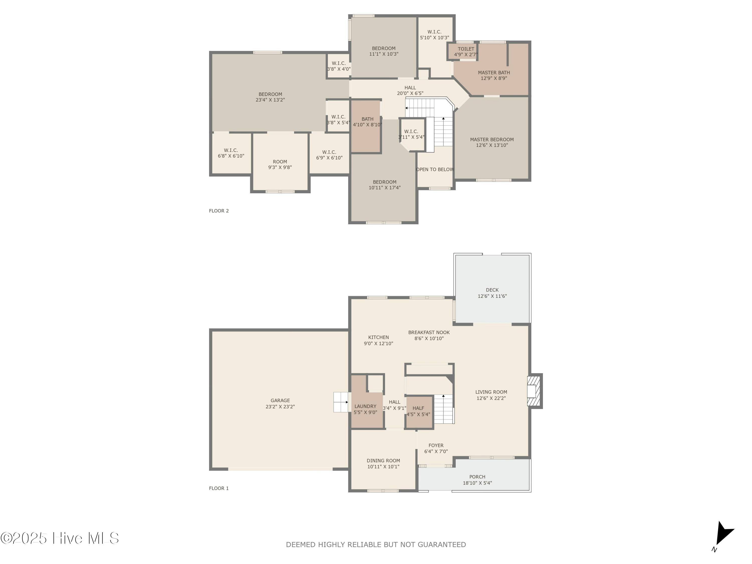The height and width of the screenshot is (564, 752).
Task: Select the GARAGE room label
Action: tap(280, 401)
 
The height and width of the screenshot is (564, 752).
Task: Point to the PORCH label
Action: tap(477, 477)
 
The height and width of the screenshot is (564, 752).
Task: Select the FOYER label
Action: tap(436, 445)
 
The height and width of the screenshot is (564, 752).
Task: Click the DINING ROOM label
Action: tap(383, 461)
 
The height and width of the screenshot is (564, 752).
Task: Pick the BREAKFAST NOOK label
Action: tap(429, 332)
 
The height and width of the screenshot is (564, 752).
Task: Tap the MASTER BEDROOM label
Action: tap(492, 139)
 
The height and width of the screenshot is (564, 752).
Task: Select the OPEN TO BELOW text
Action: tap(435, 169)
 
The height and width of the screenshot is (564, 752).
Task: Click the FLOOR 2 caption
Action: tap(219, 211)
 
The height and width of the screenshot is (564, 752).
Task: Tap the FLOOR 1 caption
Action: tap(219, 488)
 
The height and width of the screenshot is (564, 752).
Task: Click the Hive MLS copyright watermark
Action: tap(59, 538)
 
